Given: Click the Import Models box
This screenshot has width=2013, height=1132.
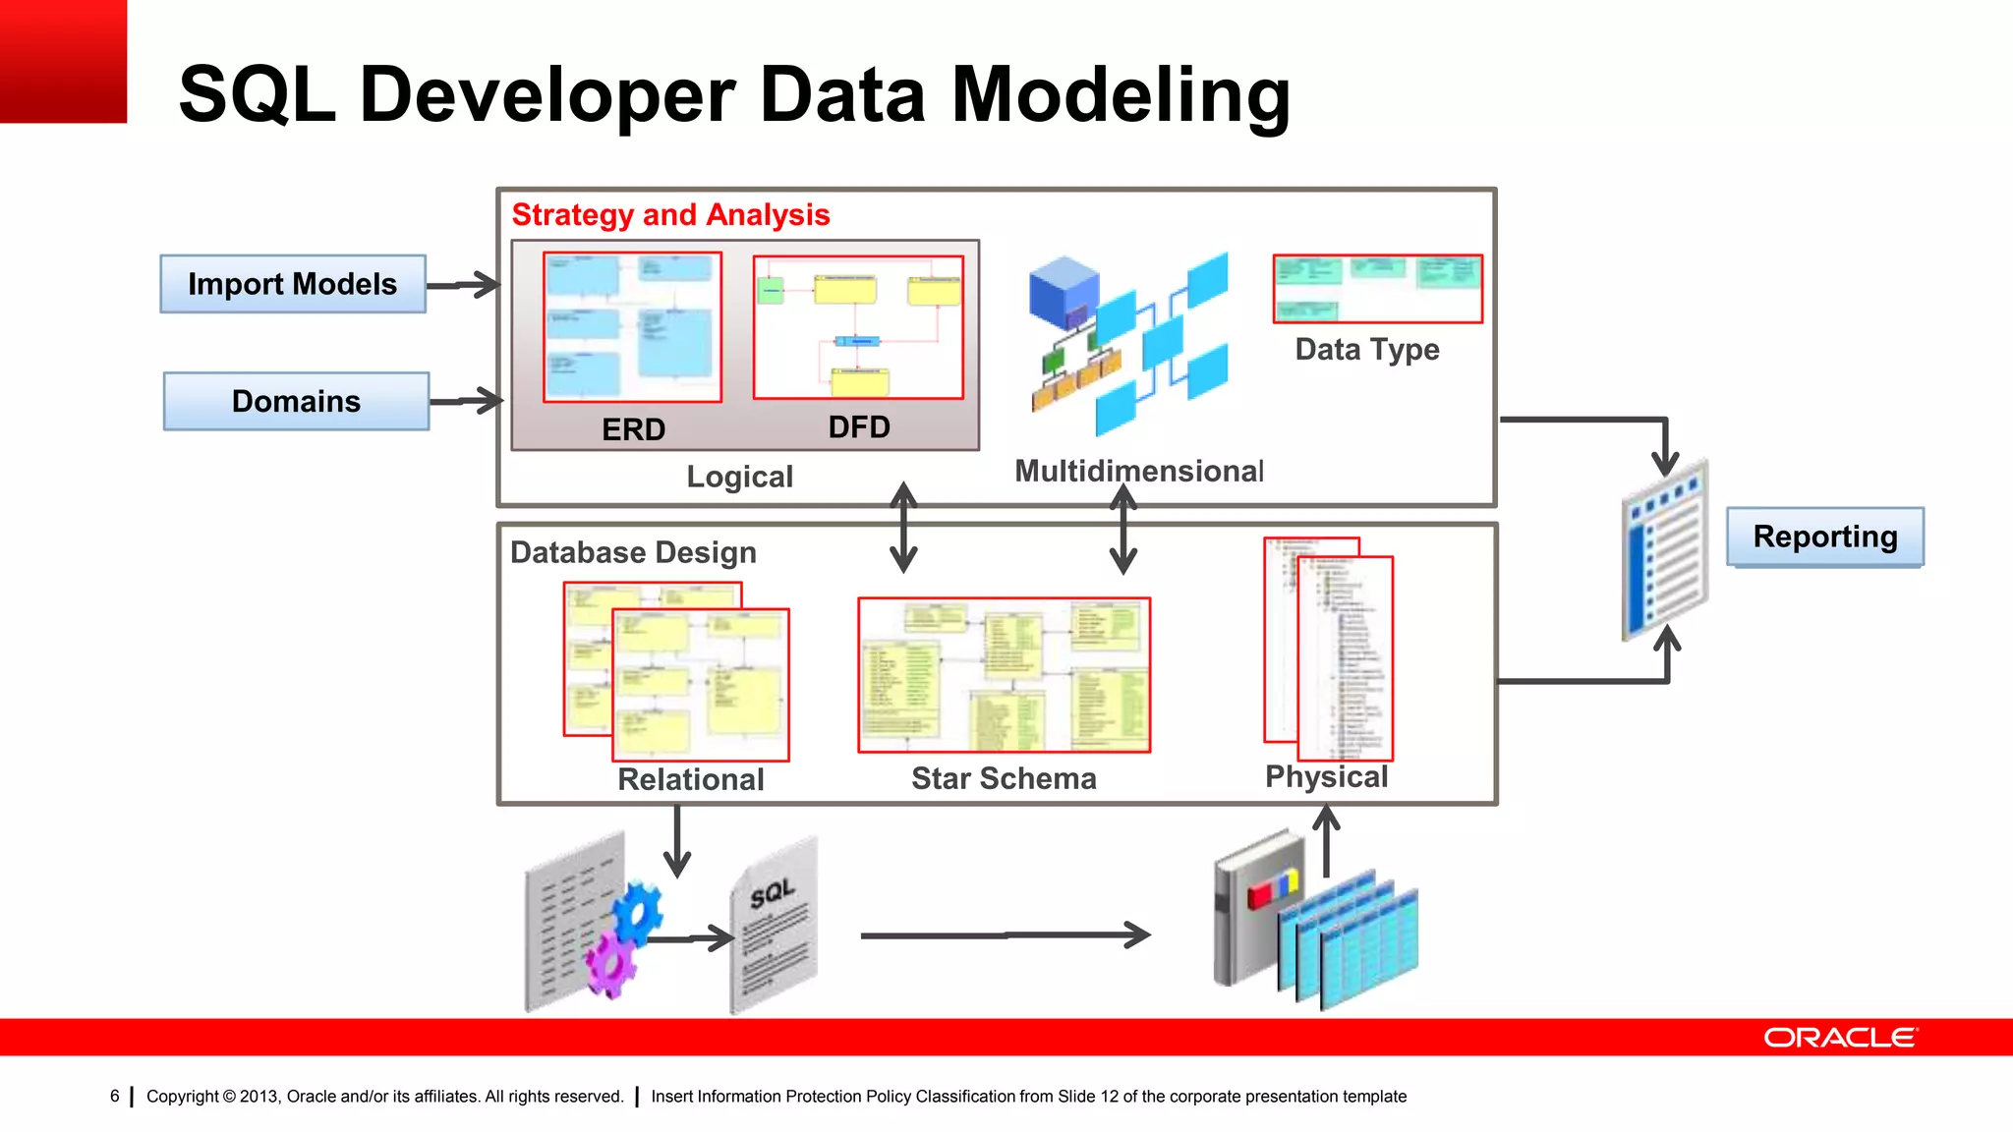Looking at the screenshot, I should coord(293,284).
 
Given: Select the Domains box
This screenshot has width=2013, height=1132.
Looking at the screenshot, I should coord(296,401).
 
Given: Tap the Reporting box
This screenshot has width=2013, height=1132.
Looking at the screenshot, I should coord(1824,537).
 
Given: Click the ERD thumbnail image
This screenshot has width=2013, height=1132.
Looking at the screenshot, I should coord(632,327).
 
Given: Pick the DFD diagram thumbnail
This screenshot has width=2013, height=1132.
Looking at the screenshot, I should coord(858,327).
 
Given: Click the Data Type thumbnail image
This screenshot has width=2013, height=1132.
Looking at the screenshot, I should coord(1377,289).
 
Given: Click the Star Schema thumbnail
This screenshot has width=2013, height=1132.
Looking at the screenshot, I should coord(1004,675).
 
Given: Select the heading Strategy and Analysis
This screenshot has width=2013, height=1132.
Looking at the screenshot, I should coord(670,214).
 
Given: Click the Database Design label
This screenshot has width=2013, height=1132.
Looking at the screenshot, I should coord(633,552).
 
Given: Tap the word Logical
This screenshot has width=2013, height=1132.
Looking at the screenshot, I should coord(739,477).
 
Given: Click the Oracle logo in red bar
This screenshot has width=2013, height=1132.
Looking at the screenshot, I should coord(1839,1038).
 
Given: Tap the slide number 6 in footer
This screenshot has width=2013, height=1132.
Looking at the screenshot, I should coord(115,1096).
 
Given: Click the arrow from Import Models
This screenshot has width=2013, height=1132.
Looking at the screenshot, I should coord(464,285).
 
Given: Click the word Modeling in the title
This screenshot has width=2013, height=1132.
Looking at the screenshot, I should coord(1120,95).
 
